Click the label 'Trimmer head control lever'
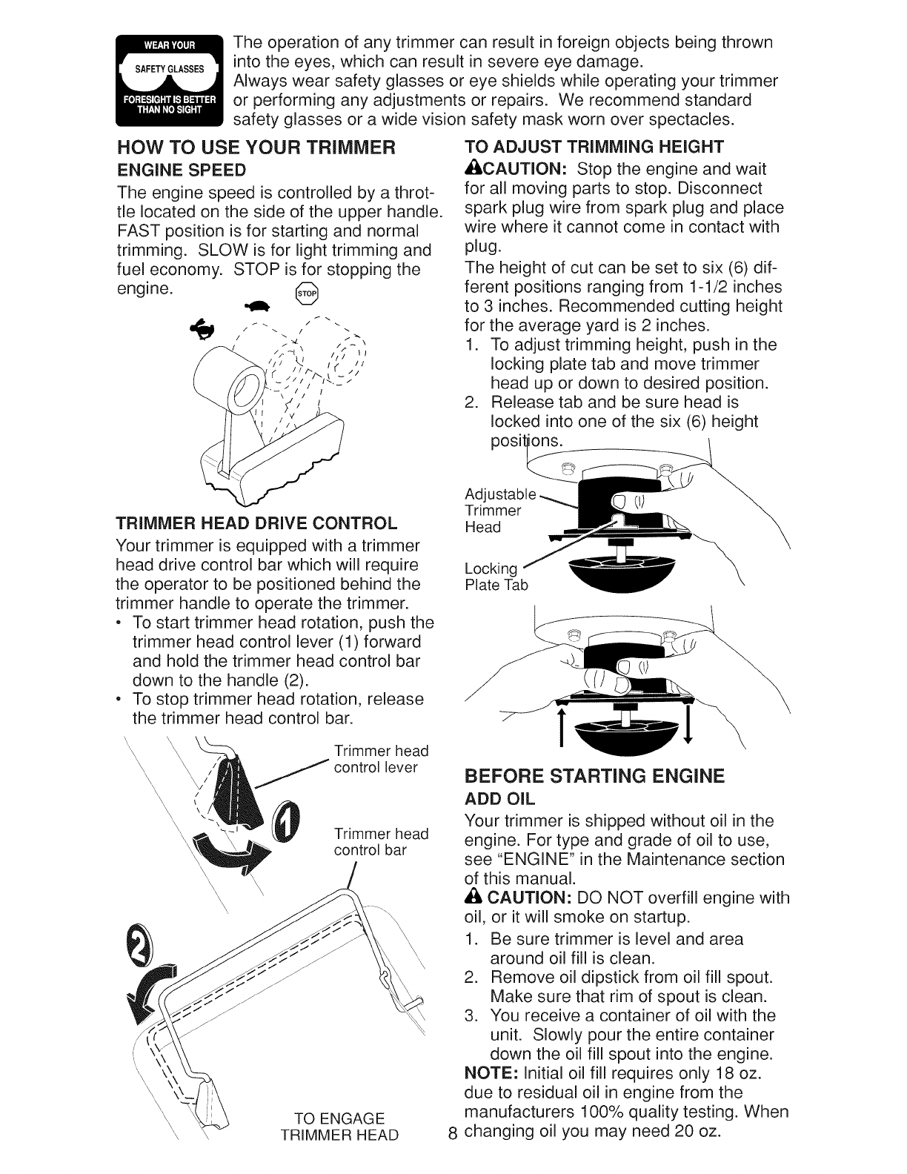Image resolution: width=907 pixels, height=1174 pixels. [381, 759]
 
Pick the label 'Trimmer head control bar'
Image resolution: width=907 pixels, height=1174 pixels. [381, 842]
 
